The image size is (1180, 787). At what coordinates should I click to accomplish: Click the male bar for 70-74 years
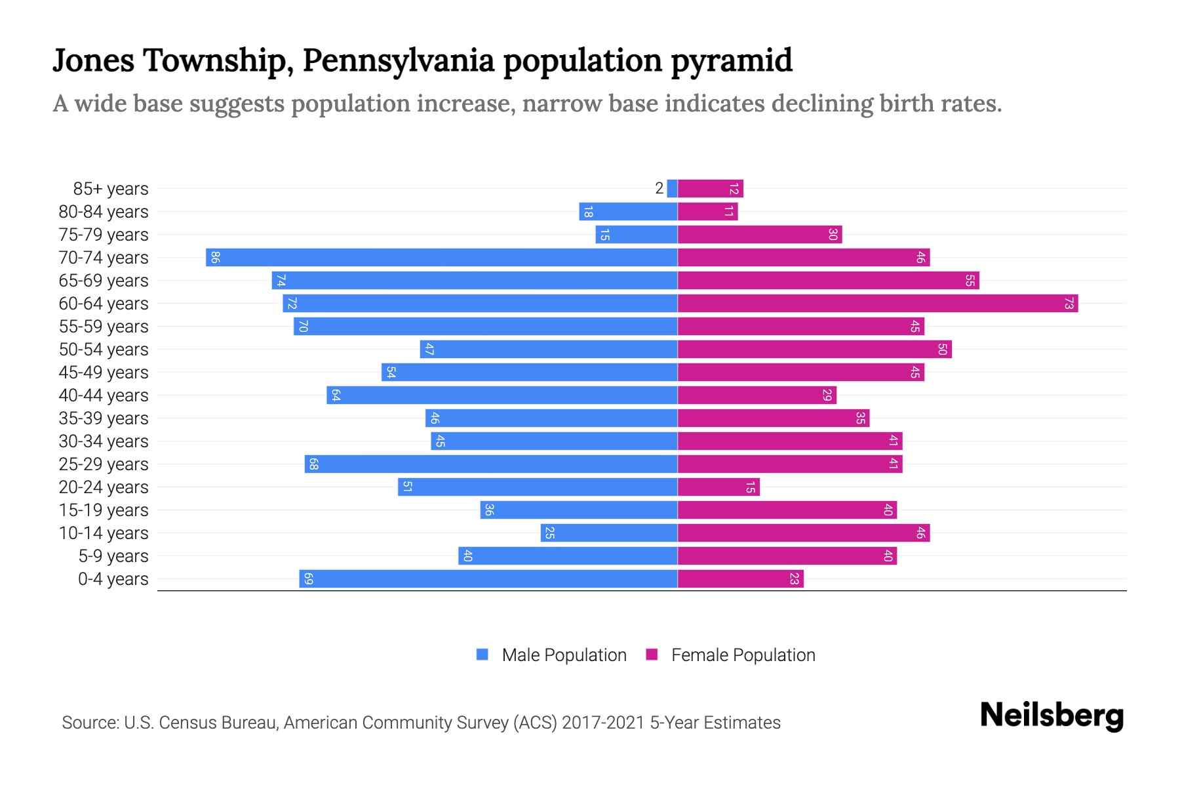(441, 258)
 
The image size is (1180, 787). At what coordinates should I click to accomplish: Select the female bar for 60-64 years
(877, 304)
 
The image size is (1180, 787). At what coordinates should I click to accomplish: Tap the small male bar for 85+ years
(672, 189)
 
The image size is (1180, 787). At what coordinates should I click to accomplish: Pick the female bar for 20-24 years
(718, 487)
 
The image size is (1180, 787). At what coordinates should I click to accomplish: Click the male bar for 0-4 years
(488, 579)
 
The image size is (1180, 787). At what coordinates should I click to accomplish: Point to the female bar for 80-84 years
(707, 212)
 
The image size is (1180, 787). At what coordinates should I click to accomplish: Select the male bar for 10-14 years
(608, 533)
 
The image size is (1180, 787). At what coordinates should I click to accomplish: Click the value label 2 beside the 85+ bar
(659, 189)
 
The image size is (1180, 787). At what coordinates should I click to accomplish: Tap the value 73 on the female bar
(1069, 304)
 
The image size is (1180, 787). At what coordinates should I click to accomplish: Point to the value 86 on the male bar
(215, 258)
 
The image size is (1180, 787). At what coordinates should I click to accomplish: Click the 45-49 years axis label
(104, 373)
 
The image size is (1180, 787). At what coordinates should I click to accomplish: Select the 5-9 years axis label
(113, 556)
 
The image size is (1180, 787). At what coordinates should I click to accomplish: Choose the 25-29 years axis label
(104, 464)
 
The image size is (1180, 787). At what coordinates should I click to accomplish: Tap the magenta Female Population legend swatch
(652, 655)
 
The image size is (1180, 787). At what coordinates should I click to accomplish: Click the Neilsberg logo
(1052, 716)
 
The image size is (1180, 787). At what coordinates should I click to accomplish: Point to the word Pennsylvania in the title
(399, 61)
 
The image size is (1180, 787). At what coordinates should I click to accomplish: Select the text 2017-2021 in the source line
(603, 723)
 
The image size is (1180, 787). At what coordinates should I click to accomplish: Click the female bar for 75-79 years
(759, 235)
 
